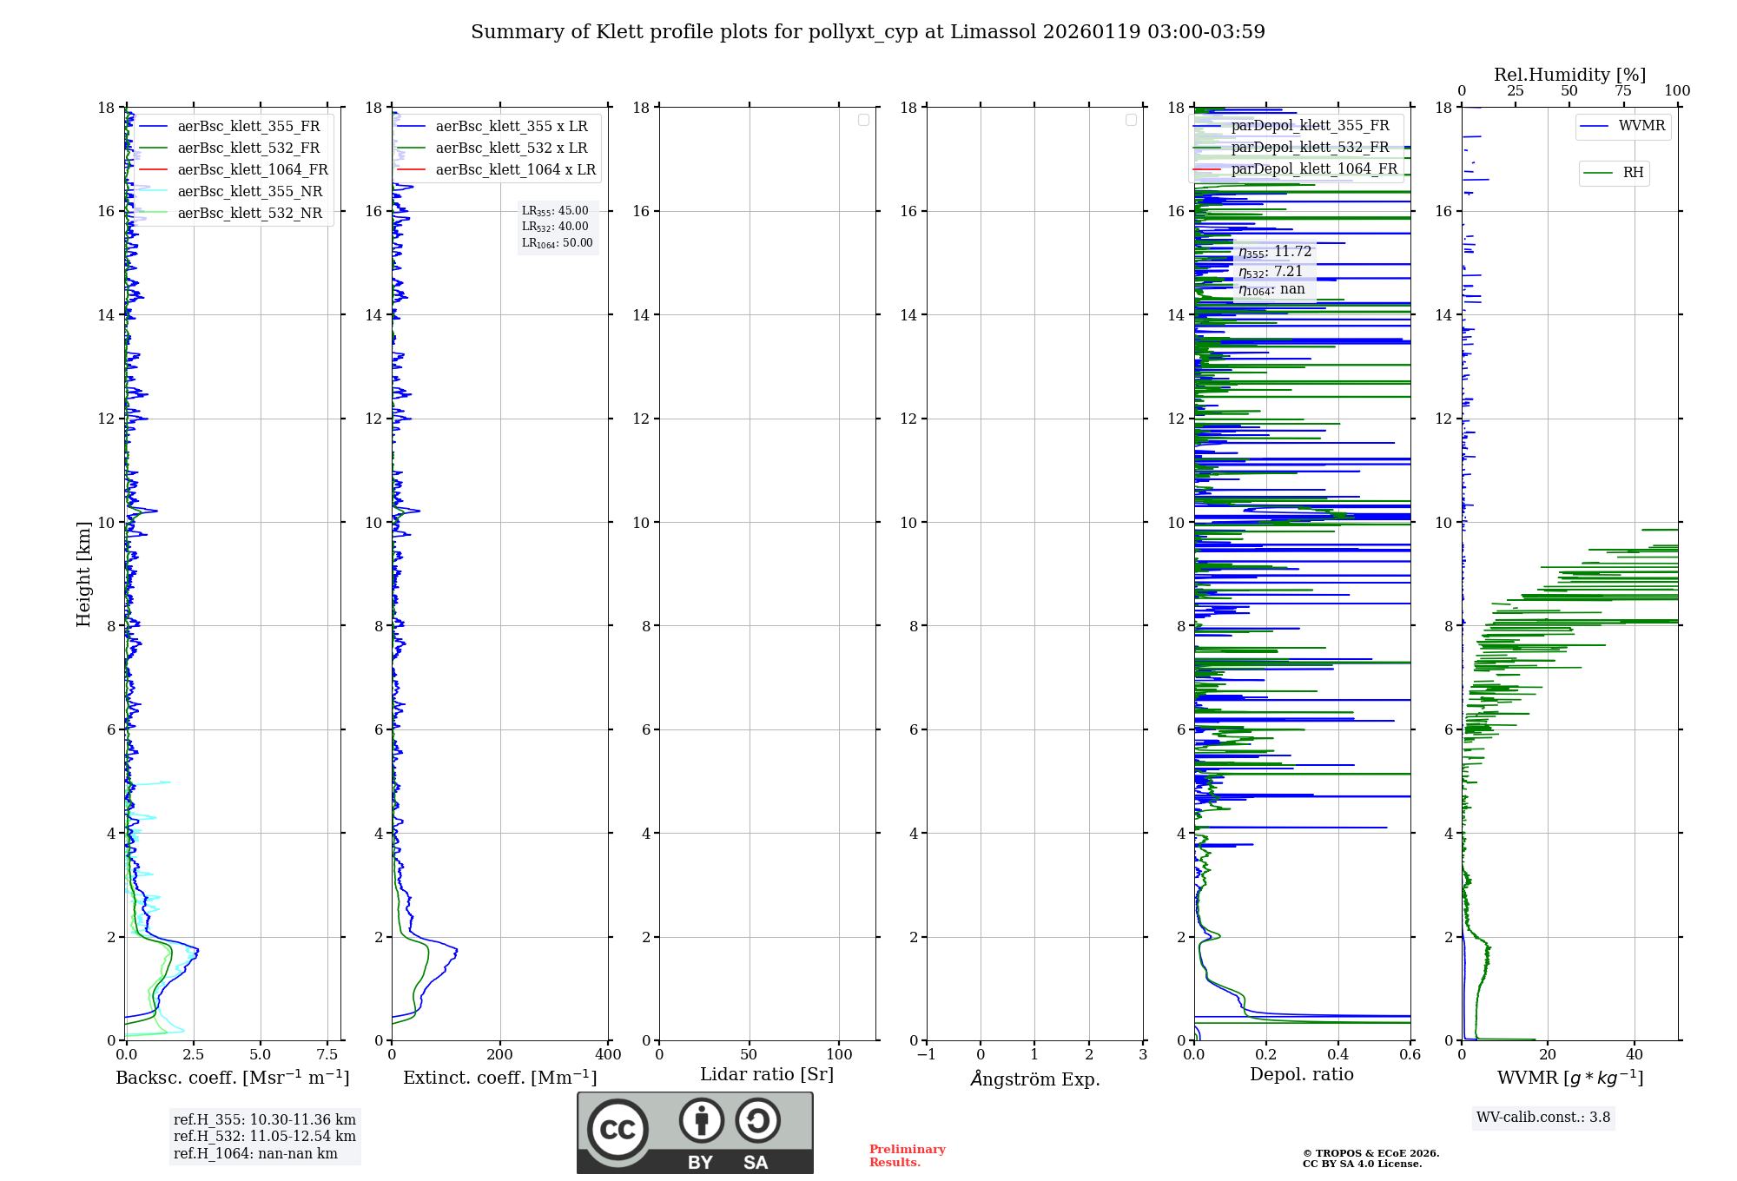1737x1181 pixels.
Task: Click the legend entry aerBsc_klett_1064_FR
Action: tap(252, 169)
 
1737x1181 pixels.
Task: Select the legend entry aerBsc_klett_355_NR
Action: tap(249, 191)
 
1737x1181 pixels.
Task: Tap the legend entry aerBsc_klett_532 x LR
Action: tap(511, 148)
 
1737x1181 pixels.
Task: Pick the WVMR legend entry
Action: tap(1641, 126)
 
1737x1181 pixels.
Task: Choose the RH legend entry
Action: tap(1633, 173)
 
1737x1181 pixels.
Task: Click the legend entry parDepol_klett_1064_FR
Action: tap(1313, 168)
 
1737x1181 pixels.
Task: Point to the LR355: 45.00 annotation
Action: tap(555, 211)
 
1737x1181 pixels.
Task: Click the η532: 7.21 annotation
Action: tap(1271, 272)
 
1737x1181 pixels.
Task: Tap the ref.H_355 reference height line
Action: tap(264, 1120)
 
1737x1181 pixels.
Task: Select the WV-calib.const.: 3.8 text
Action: tap(1543, 1118)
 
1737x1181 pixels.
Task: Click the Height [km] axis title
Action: tap(83, 574)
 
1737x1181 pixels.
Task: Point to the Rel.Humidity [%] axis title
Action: tap(1569, 75)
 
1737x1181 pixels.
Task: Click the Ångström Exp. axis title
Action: tap(1035, 1079)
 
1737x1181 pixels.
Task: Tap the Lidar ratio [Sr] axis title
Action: tap(767, 1075)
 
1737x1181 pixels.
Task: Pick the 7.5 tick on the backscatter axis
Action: tap(327, 1055)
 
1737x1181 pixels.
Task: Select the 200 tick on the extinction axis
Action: tap(500, 1055)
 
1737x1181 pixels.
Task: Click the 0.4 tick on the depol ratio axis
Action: tap(1338, 1055)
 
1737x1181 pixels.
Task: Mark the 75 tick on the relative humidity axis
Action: tap(1623, 91)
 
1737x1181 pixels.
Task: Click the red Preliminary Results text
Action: tap(907, 1156)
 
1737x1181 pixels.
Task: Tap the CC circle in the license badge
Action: tap(618, 1130)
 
